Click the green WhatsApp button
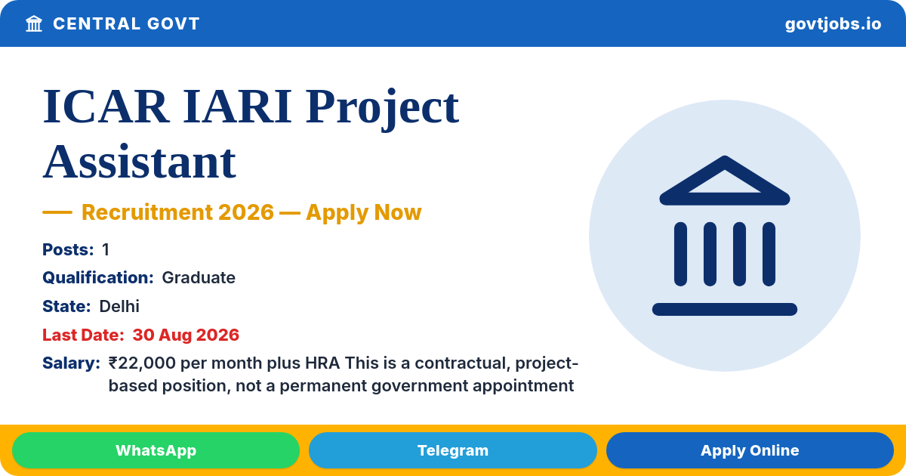pos(156,450)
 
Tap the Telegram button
pos(452,450)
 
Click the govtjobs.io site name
pos(833,24)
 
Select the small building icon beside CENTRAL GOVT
pos(34,23)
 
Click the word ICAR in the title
pos(106,107)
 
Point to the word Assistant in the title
pos(140,162)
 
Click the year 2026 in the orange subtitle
pos(246,212)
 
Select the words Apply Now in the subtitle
pos(364,213)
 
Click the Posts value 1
pos(106,250)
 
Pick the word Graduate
pos(199,278)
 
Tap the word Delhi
pos(119,307)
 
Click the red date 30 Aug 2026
pos(186,335)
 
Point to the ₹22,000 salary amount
pos(142,363)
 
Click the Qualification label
pos(98,278)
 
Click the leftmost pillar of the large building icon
pos(680,254)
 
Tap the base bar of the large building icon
pos(724,309)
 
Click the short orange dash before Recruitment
pos(57,212)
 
